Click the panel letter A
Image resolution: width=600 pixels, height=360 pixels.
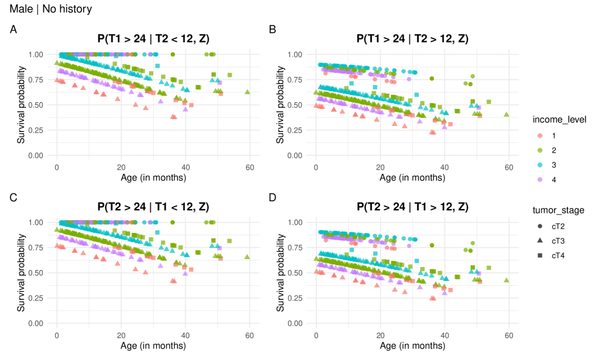pos(13,29)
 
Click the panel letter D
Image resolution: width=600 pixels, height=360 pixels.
pos(272,197)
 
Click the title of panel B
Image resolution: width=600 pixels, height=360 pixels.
pos(412,40)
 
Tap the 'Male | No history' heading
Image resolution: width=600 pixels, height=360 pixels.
pos(51,9)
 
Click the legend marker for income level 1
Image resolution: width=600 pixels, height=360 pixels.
pos(539,134)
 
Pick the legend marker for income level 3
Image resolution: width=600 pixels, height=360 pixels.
pos(539,165)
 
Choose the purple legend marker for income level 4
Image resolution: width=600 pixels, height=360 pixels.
pos(539,180)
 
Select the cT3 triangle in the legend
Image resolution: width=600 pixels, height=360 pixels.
pos(539,241)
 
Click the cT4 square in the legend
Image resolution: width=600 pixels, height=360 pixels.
pos(539,256)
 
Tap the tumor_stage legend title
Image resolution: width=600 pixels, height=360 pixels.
pos(557,210)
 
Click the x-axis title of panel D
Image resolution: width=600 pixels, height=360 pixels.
pos(412,346)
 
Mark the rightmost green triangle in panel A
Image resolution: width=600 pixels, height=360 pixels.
pos(247,92)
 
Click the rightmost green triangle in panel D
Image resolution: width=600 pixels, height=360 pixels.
pos(506,280)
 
